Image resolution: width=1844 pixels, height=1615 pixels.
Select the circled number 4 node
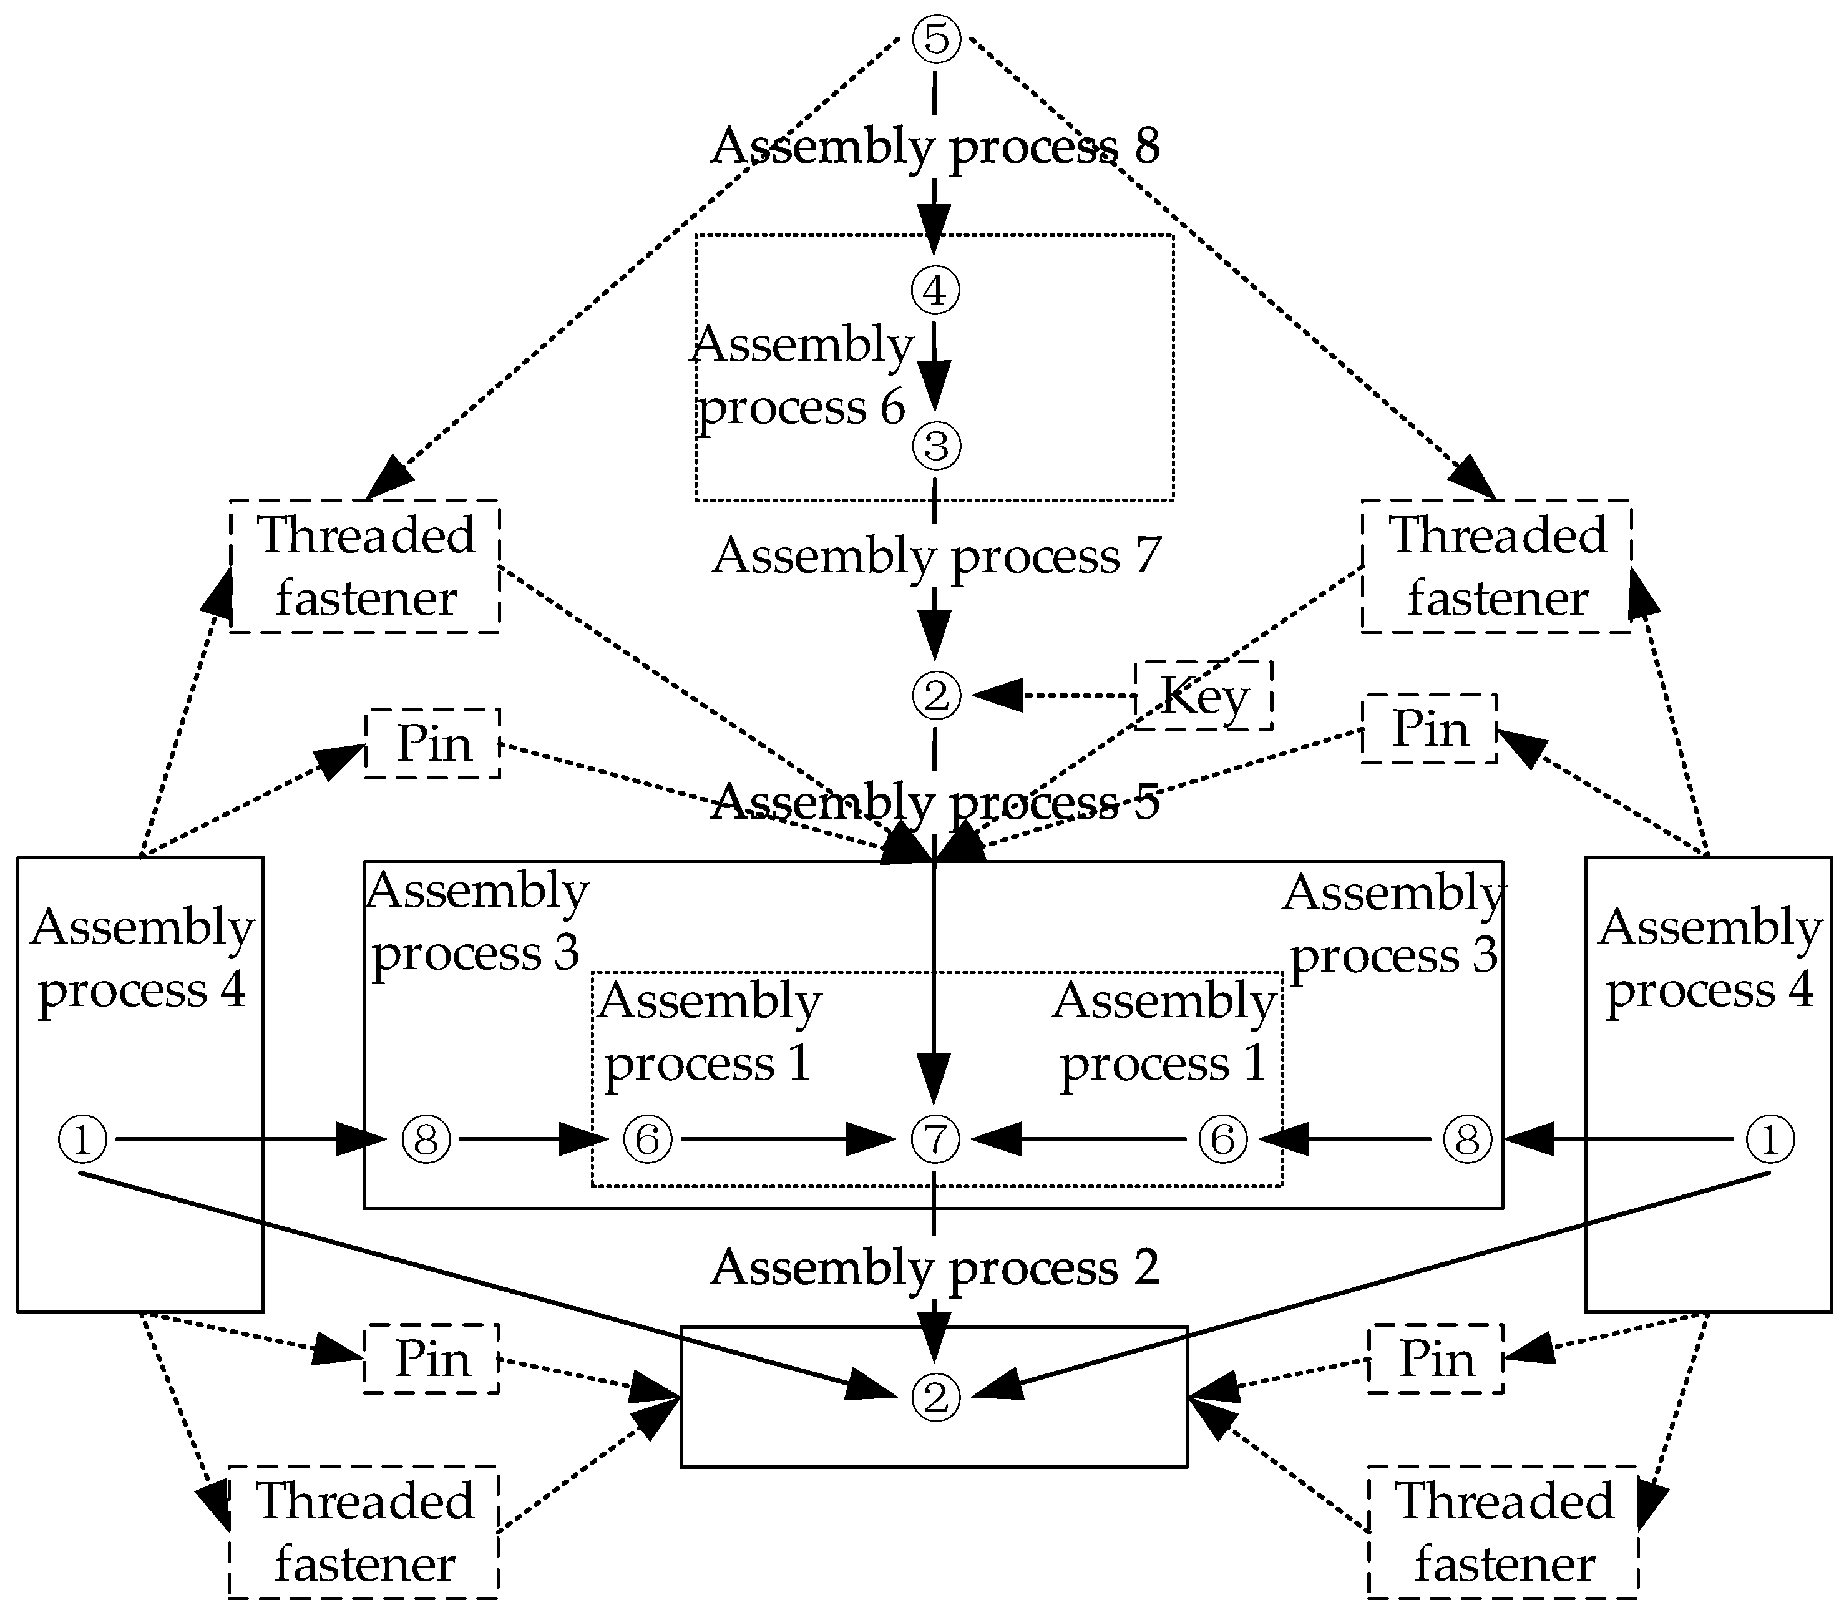click(x=935, y=290)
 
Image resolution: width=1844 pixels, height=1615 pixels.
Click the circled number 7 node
click(x=935, y=1139)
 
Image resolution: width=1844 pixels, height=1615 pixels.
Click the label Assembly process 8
click(x=935, y=146)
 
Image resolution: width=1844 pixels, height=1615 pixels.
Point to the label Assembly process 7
click(x=935, y=555)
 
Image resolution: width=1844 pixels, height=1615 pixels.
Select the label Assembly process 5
click(x=935, y=801)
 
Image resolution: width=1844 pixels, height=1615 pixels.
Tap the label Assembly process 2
click(x=935, y=1267)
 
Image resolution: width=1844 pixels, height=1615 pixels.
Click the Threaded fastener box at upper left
click(x=365, y=566)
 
